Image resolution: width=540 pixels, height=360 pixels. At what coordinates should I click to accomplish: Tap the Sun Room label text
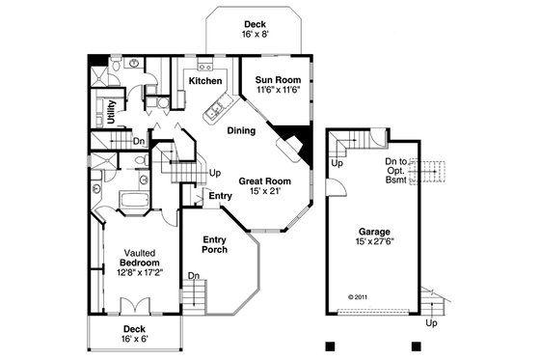tap(278, 79)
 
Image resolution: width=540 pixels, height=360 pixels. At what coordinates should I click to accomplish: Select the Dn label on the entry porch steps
tap(193, 276)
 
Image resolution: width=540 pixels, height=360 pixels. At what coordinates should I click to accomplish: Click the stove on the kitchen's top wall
tap(204, 67)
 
